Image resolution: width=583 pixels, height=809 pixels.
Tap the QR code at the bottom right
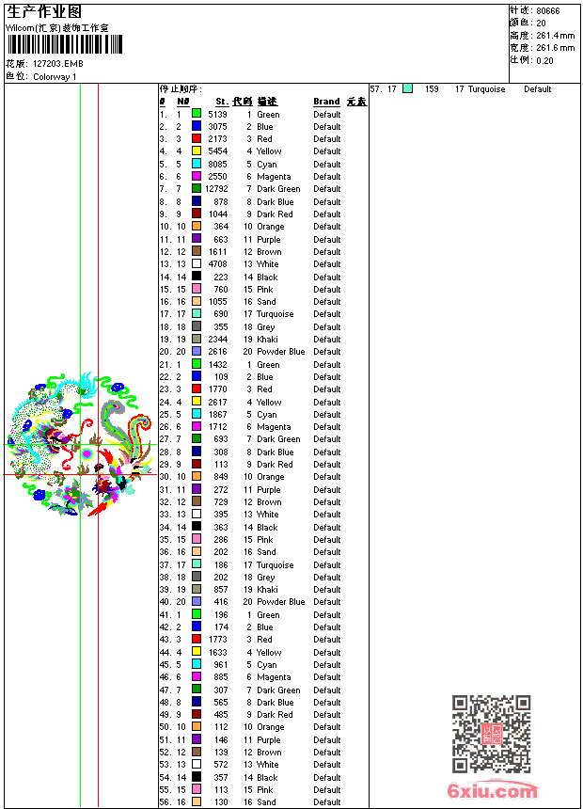[491, 734]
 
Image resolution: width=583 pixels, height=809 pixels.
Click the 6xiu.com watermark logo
[493, 791]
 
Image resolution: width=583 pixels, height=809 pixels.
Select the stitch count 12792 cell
[215, 189]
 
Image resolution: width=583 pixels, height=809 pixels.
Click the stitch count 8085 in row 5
[217, 164]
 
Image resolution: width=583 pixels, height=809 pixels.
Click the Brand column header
[326, 102]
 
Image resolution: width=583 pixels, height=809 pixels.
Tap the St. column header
[221, 102]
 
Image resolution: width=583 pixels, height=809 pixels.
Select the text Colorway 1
[55, 77]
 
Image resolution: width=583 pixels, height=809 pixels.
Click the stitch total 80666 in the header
[547, 10]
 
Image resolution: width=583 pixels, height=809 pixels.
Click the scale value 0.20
[544, 60]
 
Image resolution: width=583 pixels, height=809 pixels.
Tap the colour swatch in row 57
[407, 89]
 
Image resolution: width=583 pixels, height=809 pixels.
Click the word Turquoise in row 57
[486, 89]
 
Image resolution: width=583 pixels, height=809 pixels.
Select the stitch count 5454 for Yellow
[217, 151]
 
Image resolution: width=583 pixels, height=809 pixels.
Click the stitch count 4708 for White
[217, 264]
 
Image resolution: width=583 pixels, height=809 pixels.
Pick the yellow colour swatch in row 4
[197, 151]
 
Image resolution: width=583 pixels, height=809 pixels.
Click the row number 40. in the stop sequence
[165, 602]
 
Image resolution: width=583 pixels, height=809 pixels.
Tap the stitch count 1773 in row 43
[217, 640]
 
